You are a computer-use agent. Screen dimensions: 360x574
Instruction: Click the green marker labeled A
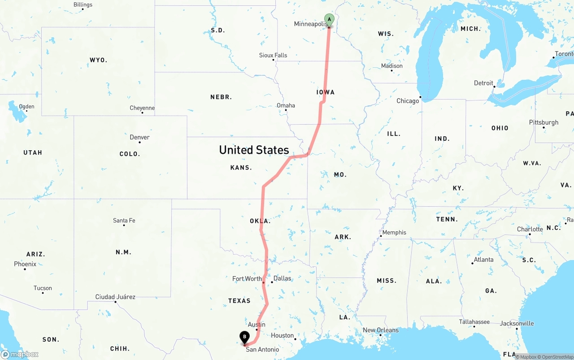click(329, 20)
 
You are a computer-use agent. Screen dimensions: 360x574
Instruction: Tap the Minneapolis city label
click(311, 24)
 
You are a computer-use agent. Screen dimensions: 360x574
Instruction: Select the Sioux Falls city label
click(273, 55)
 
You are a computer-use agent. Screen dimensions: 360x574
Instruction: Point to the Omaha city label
click(286, 105)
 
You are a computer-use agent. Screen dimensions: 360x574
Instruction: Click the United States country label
click(254, 150)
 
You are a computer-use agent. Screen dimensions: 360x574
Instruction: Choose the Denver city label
click(139, 137)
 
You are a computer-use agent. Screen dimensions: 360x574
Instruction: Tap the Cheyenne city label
click(142, 108)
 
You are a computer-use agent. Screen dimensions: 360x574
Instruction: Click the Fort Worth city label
click(247, 278)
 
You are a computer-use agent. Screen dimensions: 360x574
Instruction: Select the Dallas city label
click(282, 278)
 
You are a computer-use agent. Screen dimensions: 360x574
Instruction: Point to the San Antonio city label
click(262, 349)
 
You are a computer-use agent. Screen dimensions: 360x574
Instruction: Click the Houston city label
click(282, 335)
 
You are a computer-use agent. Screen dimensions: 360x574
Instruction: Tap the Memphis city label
click(394, 232)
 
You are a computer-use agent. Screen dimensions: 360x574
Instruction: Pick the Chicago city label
click(408, 101)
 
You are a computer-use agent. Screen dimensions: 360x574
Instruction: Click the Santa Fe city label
click(124, 220)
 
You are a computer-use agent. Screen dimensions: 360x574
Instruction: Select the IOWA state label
click(326, 92)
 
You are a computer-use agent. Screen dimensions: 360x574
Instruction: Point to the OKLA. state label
click(260, 221)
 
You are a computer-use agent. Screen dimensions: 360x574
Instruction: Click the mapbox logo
click(20, 354)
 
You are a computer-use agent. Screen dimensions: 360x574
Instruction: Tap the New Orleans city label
click(380, 330)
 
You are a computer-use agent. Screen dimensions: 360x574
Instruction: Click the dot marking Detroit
click(494, 87)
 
